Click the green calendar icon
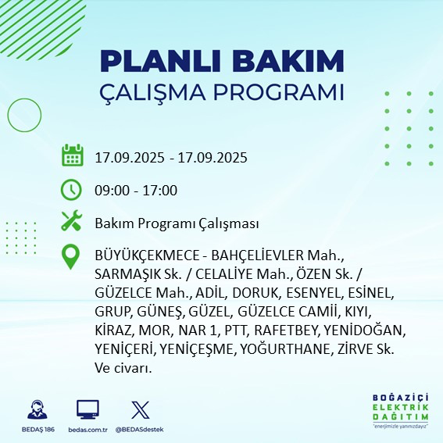click(x=72, y=155)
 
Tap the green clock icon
click(x=72, y=189)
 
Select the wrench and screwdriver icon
click(x=72, y=222)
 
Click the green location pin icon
click(x=72, y=257)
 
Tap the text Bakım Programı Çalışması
click(x=176, y=223)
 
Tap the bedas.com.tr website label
click(x=88, y=430)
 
